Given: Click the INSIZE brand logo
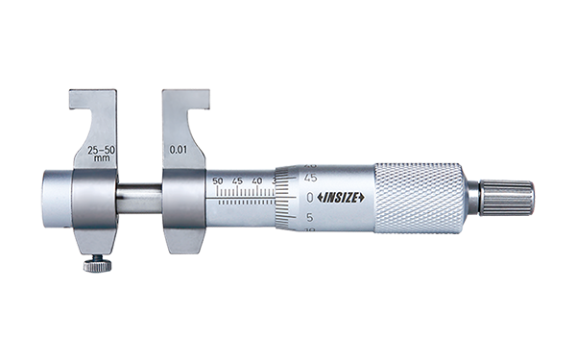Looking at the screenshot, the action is (x=341, y=198).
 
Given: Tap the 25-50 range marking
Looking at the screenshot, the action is (x=102, y=150).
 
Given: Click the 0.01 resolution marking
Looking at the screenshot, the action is (x=179, y=150).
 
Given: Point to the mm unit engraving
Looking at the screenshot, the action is (x=102, y=158).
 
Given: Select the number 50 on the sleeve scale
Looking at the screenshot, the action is (x=218, y=181).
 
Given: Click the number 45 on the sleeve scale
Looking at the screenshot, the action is (x=237, y=181).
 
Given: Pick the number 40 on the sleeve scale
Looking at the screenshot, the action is (x=257, y=181).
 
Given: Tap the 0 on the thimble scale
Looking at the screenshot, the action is (x=310, y=198).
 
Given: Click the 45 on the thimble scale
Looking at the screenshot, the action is (x=310, y=178).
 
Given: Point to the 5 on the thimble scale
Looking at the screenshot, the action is (x=310, y=218).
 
